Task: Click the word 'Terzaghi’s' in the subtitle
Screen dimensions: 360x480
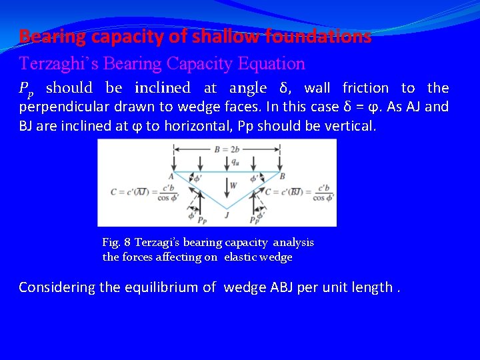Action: coord(53,64)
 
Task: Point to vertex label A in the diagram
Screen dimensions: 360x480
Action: coord(172,177)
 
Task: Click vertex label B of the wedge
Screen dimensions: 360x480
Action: coord(283,177)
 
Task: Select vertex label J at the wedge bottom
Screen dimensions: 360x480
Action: coord(227,215)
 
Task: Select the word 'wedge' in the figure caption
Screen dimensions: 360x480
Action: coord(277,257)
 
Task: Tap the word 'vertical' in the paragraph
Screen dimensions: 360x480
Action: coord(351,125)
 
